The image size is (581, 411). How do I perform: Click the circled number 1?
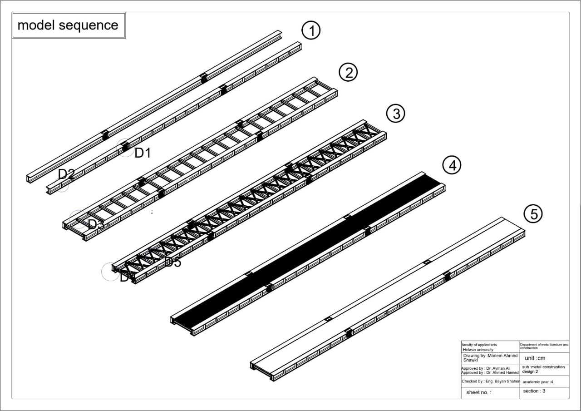[311, 31]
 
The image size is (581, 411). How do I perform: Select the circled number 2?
[349, 73]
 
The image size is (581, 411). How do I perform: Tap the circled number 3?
[396, 114]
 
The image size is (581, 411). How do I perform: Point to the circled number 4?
[452, 166]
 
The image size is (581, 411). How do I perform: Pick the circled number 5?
[533, 213]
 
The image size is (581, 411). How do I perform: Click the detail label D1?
[143, 154]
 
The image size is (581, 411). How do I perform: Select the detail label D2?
[66, 174]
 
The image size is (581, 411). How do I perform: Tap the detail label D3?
[96, 224]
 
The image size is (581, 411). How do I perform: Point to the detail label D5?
[172, 262]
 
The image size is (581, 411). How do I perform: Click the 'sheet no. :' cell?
[478, 392]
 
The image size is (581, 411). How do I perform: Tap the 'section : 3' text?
[534, 391]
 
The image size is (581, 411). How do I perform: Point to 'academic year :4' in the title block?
[537, 382]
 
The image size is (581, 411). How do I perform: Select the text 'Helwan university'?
[478, 350]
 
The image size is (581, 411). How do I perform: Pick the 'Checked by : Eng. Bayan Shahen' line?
[490, 381]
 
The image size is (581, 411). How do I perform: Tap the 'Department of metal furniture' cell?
[544, 346]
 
